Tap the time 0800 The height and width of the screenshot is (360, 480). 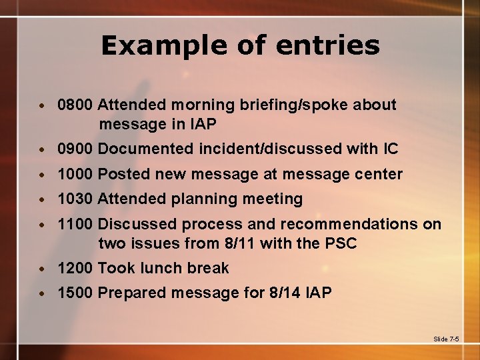75,105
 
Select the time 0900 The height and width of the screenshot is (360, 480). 75,149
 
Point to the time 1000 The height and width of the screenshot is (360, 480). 75,174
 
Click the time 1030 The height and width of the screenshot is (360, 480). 75,199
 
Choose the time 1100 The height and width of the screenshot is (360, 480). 75,224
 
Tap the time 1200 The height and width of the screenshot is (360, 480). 75,268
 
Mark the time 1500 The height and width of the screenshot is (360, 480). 75,293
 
